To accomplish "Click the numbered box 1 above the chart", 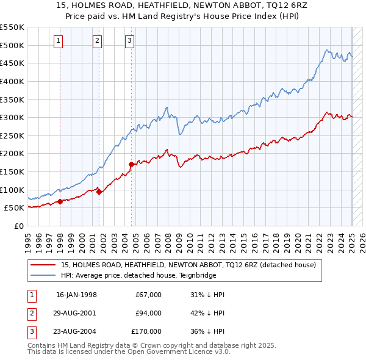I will click(x=58, y=41).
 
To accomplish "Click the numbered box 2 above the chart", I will click(x=97, y=41).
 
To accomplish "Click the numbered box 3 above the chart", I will click(x=130, y=41).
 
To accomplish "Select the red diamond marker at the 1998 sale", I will click(x=60, y=201).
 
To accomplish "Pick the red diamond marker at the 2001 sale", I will click(x=99, y=192).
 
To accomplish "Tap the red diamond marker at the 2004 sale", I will click(x=131, y=164).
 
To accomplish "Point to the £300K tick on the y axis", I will click(x=12, y=117).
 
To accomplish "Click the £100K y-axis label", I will click(x=12, y=190).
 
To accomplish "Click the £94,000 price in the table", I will click(x=149, y=313).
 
